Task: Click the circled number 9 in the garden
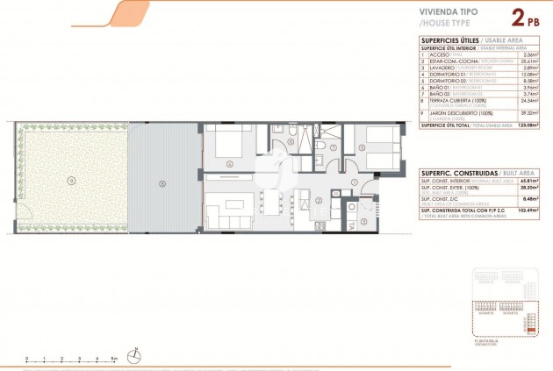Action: (x=72, y=180)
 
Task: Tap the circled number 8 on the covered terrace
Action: (x=163, y=183)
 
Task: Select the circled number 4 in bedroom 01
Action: (x=230, y=163)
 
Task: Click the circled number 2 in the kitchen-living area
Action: (x=319, y=200)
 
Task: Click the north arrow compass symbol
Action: (x=134, y=355)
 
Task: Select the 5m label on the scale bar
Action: (x=114, y=358)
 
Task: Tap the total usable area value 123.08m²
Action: (x=525, y=125)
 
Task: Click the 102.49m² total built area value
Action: (x=525, y=211)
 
